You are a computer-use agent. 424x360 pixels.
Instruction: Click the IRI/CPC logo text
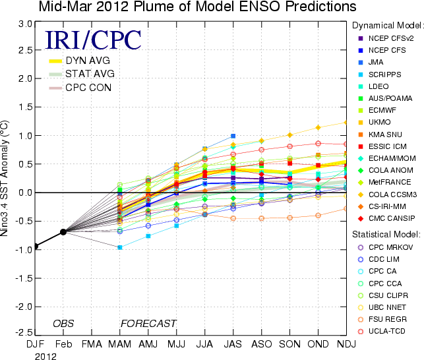92,40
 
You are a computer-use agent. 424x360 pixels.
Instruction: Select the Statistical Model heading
386,233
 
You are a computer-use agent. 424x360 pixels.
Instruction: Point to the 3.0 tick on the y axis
25,23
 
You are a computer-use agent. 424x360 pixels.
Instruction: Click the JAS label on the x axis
233,344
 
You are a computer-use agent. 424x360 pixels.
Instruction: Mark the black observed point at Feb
63,231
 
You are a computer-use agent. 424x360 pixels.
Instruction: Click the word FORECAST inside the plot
148,323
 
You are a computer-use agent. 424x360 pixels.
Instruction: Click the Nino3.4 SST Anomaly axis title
7,178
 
